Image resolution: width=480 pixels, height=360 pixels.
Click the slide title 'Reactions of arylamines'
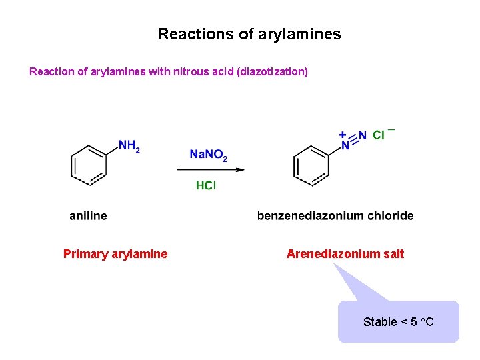249,34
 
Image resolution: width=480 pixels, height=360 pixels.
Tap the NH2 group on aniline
129,146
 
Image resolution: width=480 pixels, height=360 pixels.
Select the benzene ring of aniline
89,165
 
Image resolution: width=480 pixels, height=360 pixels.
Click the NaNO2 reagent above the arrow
208,155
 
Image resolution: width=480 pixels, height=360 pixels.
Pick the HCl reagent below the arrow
205,185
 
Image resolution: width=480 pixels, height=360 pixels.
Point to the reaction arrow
210,169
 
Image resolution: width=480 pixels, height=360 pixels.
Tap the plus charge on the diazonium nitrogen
342,134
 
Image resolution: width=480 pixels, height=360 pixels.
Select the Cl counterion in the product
379,135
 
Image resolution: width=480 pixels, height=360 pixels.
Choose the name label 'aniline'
88,215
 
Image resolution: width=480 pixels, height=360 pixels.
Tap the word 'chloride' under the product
390,215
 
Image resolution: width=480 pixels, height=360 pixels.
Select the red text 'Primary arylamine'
115,253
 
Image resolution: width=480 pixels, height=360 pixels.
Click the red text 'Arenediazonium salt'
345,253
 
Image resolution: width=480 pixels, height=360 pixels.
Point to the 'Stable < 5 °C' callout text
398,322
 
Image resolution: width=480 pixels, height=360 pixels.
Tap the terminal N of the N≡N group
362,135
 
